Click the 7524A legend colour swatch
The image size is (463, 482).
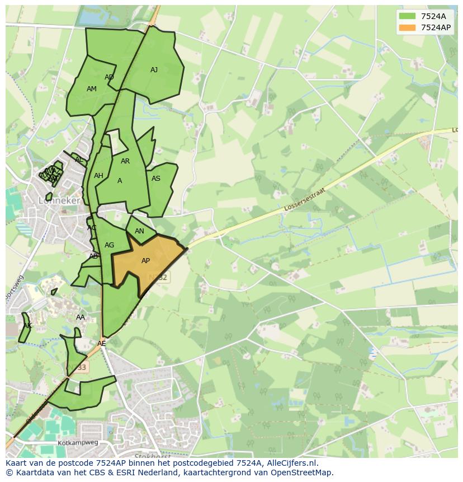(x=407, y=16)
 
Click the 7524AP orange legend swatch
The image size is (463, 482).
(x=407, y=27)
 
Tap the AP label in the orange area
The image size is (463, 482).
(x=145, y=261)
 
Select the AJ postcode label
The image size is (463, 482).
(x=154, y=70)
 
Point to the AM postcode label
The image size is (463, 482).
(x=92, y=89)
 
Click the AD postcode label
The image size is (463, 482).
(x=109, y=77)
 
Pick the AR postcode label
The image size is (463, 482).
(x=125, y=161)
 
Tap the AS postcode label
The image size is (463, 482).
(x=156, y=179)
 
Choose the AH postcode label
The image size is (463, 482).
(x=98, y=176)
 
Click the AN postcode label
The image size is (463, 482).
(x=139, y=231)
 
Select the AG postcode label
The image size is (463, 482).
(x=109, y=245)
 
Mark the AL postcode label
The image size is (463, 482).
(x=79, y=160)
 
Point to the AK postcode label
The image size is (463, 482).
(x=27, y=326)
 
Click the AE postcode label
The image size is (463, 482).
(x=101, y=344)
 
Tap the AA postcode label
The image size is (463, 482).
(x=81, y=317)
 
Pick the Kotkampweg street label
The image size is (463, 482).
(x=78, y=443)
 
